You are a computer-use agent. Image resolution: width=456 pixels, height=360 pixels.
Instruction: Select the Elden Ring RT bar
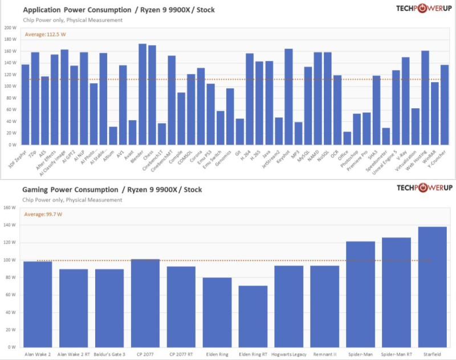click(x=253, y=316)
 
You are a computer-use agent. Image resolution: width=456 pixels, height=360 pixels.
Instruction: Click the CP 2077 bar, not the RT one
click(x=145, y=302)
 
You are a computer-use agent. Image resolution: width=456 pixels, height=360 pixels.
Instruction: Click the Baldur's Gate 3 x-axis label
click(x=109, y=354)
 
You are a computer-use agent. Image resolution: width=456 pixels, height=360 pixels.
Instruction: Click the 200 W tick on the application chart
click(x=10, y=27)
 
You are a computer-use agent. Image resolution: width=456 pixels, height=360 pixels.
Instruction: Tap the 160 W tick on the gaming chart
click(x=10, y=207)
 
